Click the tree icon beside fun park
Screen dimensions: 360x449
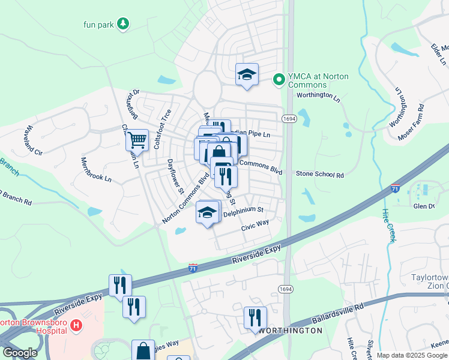click(x=123, y=23)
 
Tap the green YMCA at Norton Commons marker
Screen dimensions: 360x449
click(x=279, y=79)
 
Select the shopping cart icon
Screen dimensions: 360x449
click(x=137, y=140)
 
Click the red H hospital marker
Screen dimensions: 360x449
click(x=76, y=326)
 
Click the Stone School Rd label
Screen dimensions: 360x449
click(x=320, y=175)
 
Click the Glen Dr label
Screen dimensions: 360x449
click(x=423, y=206)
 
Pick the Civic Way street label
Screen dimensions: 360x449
click(x=255, y=225)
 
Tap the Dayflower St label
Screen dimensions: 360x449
click(x=175, y=177)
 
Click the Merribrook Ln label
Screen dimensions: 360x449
click(x=96, y=170)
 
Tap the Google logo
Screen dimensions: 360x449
click(x=20, y=353)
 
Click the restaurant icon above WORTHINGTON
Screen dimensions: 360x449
click(x=255, y=317)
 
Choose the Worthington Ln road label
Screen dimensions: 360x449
click(x=318, y=95)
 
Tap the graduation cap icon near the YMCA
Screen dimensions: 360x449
click(x=247, y=74)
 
